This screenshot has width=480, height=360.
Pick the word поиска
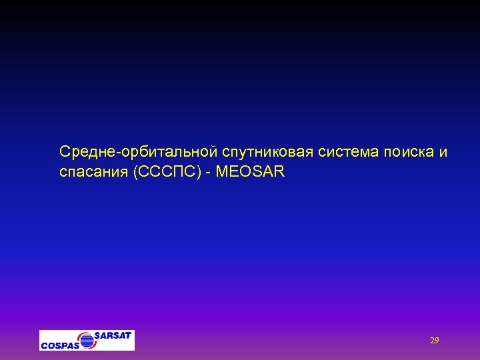(407, 153)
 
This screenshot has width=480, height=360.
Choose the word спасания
(94, 173)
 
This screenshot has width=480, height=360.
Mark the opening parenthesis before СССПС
(136, 173)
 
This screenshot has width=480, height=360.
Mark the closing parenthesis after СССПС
(202, 173)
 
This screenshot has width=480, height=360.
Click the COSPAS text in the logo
(59, 345)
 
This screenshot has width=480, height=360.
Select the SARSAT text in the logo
(113, 335)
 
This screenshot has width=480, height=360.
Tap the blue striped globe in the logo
(88, 339)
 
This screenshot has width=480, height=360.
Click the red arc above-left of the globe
(81, 335)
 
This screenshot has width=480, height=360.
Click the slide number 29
(434, 341)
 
